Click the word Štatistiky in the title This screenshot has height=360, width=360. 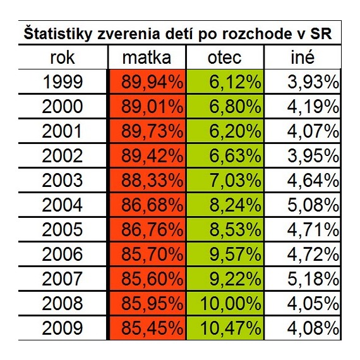tap(58, 34)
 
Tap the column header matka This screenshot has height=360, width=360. tap(147, 57)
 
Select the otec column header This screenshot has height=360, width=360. tap(225, 57)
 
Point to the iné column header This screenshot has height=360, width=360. tap(303, 57)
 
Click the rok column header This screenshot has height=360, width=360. tap(63, 57)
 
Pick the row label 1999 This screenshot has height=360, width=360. tap(63, 82)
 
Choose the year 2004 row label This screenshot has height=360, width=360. tap(63, 205)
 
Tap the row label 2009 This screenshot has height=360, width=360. tap(63, 328)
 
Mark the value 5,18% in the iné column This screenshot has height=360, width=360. tap(313, 279)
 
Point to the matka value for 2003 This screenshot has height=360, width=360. tap(152, 181)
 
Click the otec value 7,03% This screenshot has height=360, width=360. tap(235, 181)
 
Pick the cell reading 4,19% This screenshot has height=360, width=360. tap(313, 107)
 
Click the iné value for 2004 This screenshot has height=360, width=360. tap(313, 205)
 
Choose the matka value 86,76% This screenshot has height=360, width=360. tap(152, 230)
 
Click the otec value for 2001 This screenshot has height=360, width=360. tap(235, 131)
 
